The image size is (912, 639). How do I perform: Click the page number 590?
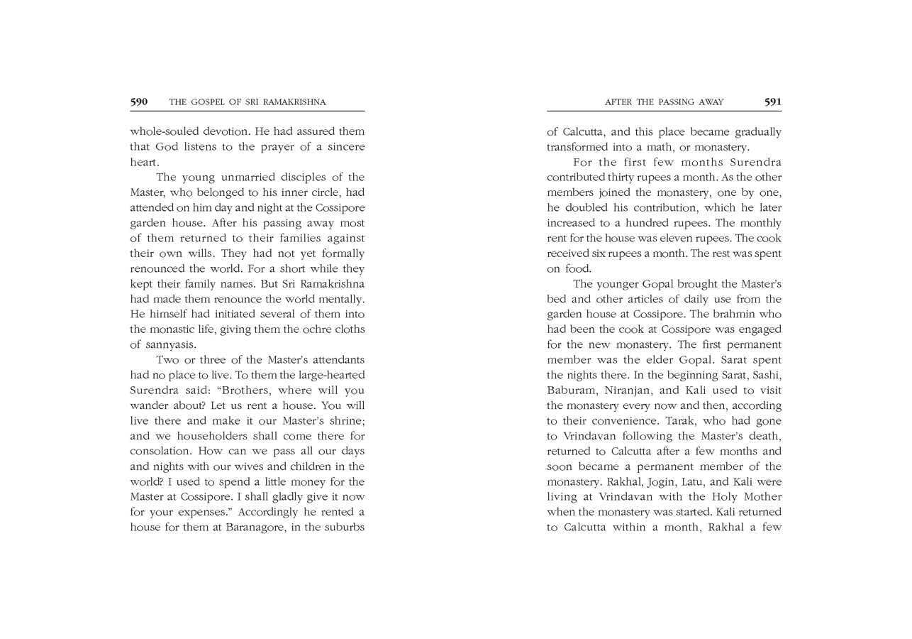point(139,102)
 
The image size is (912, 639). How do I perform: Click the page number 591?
point(772,102)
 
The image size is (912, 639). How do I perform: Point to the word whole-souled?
point(162,131)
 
